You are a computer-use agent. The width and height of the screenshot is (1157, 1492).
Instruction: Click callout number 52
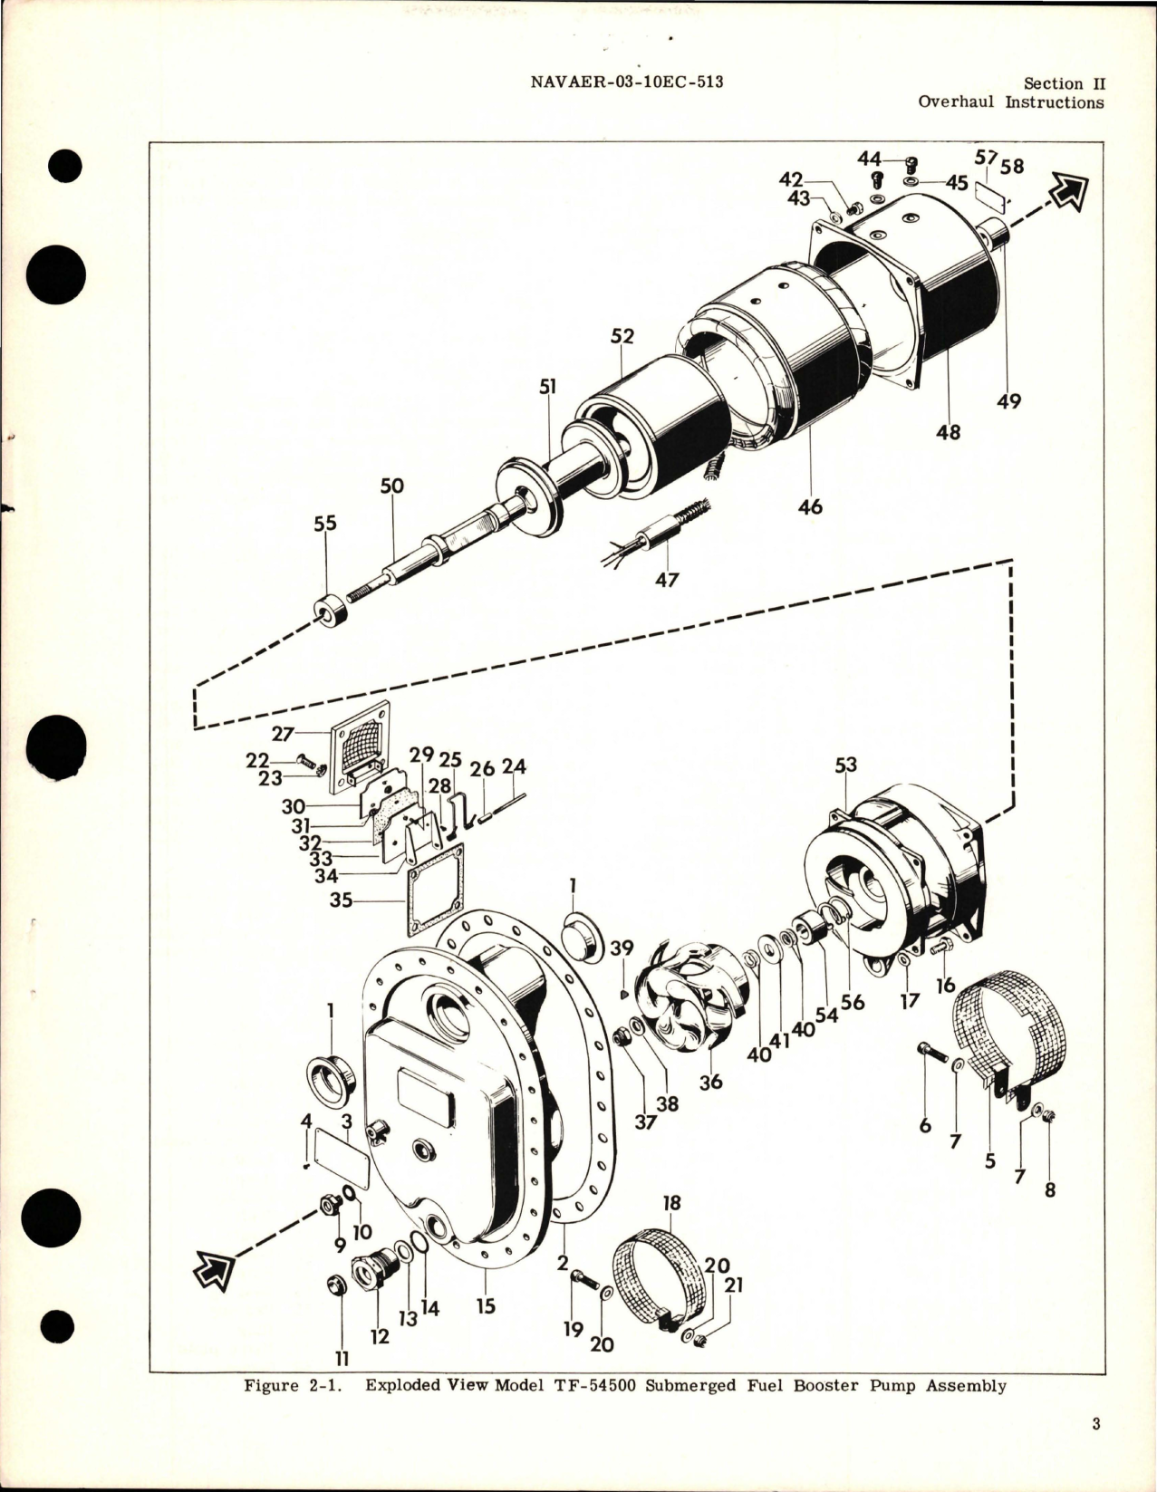pyautogui.click(x=622, y=337)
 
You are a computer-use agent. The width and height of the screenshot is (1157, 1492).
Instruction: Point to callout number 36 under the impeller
pyautogui.click(x=711, y=1081)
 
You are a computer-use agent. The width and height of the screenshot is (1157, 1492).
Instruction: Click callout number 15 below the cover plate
pyautogui.click(x=486, y=1307)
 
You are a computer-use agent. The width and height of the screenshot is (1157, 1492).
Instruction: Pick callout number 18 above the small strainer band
pyautogui.click(x=671, y=1204)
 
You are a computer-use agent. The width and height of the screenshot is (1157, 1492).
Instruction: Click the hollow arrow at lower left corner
pyautogui.click(x=215, y=1273)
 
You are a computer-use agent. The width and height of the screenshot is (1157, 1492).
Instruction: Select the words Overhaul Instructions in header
pyautogui.click(x=1010, y=102)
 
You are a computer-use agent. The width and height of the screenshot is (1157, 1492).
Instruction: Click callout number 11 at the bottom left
pyautogui.click(x=342, y=1359)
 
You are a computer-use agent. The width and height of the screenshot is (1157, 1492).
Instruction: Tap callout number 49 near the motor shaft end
pyautogui.click(x=1009, y=400)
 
